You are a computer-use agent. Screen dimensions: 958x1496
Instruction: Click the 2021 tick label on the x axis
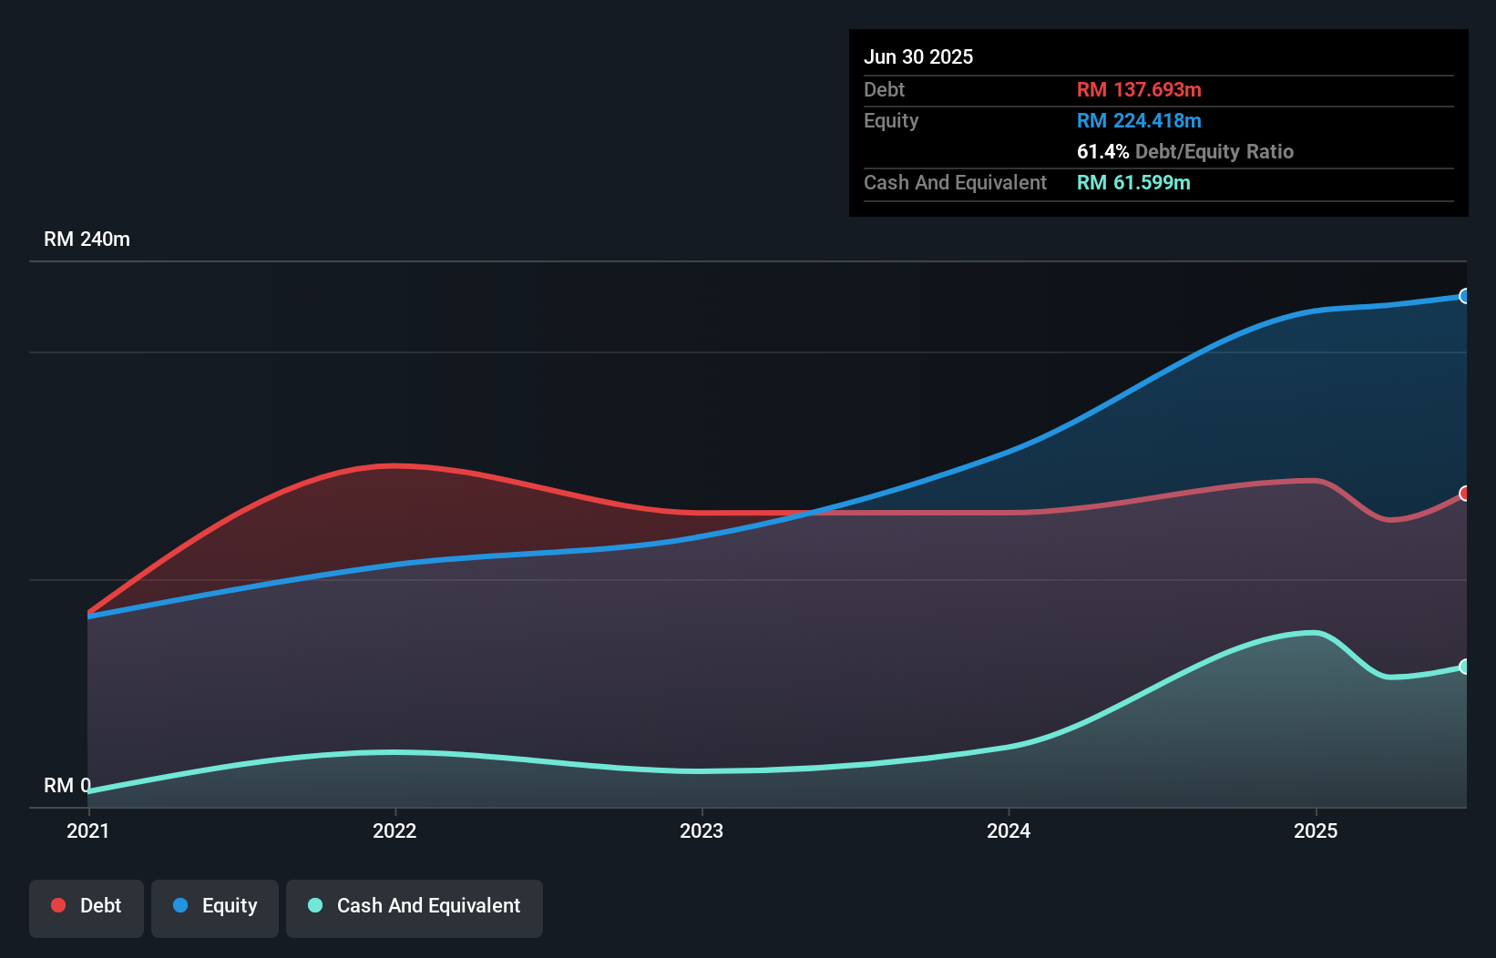click(87, 831)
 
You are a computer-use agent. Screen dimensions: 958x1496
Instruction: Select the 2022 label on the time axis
click(394, 831)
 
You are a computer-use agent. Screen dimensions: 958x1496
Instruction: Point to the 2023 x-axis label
click(702, 831)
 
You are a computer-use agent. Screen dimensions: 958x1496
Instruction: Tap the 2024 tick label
click(1009, 831)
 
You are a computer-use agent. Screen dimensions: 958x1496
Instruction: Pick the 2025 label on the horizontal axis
click(1316, 831)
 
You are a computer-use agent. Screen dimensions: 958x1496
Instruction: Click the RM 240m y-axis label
click(87, 239)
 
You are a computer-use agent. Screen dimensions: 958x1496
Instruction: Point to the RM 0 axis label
click(67, 785)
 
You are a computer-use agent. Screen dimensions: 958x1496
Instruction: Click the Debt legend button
click(87, 906)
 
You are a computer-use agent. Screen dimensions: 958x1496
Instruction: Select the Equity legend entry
click(215, 906)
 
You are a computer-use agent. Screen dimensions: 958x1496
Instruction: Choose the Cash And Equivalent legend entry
click(415, 906)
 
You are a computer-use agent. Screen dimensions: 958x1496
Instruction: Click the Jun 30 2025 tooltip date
click(918, 56)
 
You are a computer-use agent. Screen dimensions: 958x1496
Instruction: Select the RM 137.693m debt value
click(1139, 89)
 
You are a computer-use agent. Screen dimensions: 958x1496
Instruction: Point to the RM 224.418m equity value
click(1139, 120)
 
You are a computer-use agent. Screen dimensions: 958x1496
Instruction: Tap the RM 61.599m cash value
click(1133, 182)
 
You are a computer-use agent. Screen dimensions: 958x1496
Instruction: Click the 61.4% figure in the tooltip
click(1102, 151)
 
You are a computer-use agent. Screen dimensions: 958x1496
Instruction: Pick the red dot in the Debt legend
click(58, 905)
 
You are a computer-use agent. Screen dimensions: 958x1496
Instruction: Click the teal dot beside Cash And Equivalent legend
click(315, 905)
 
